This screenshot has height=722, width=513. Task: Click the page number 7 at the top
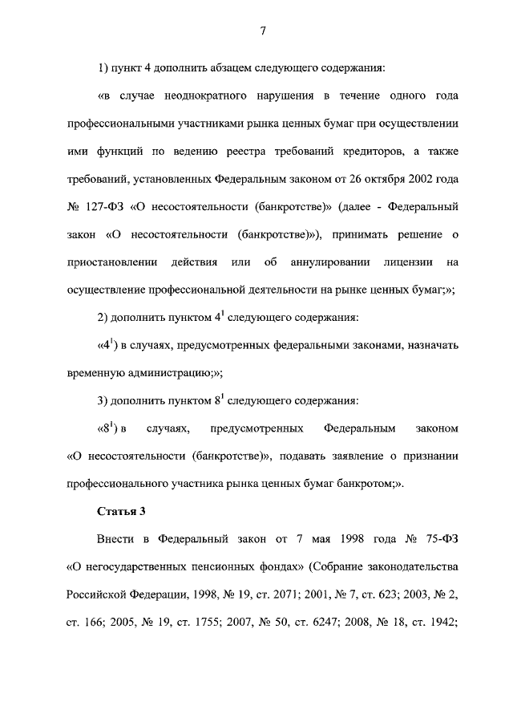click(262, 31)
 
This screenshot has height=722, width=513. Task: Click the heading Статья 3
click(119, 510)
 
